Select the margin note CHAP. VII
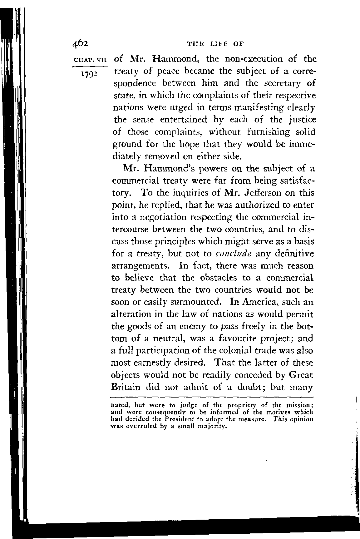click(x=89, y=59)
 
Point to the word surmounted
click(x=193, y=302)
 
